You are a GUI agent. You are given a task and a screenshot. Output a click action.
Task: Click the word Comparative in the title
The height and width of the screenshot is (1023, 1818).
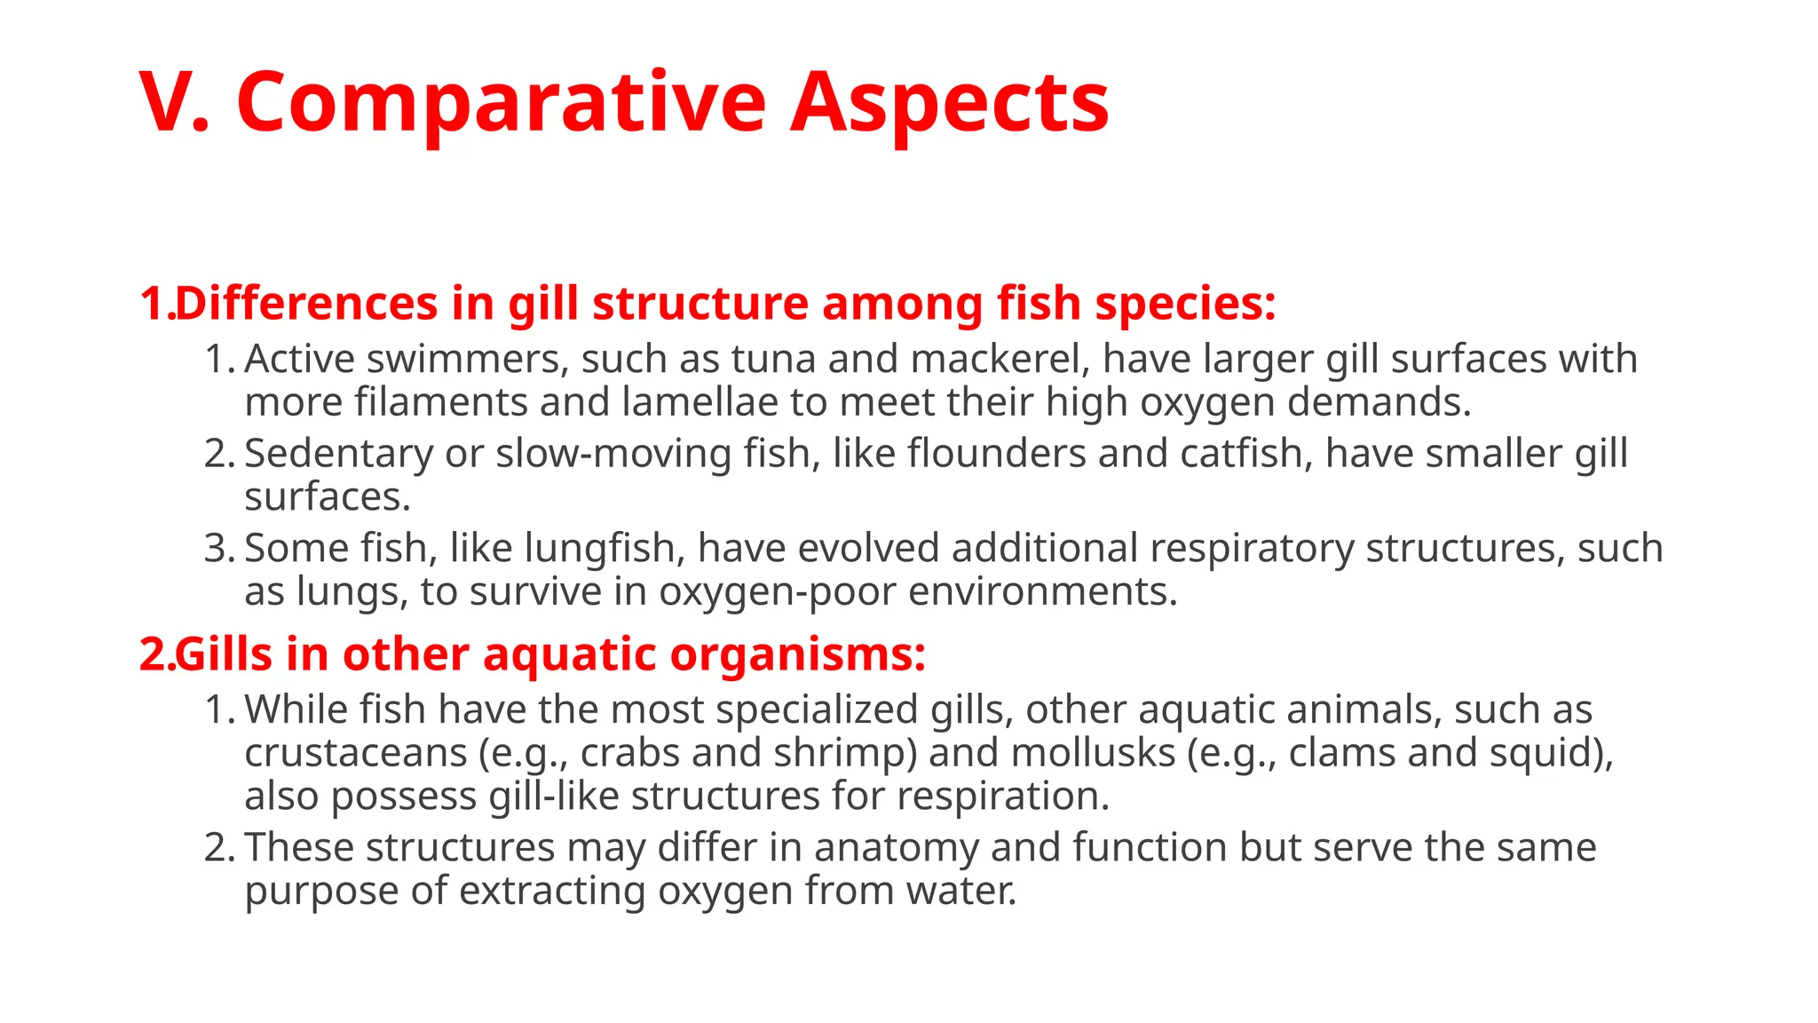point(501,103)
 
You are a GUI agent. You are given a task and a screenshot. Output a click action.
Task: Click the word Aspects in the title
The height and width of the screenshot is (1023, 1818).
point(949,103)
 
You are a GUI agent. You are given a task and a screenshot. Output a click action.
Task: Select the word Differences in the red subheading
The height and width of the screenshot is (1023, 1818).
point(306,304)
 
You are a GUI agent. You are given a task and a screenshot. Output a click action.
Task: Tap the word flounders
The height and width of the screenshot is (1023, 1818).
point(996,454)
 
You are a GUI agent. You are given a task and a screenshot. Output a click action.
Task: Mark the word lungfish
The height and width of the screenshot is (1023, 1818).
point(604,549)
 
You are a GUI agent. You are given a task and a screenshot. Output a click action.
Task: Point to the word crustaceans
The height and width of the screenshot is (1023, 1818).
point(355,754)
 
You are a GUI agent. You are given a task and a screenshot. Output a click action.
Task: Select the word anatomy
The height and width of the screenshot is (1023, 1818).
point(896,847)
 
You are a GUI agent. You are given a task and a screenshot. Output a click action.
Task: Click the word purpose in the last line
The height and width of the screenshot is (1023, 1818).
point(320,892)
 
